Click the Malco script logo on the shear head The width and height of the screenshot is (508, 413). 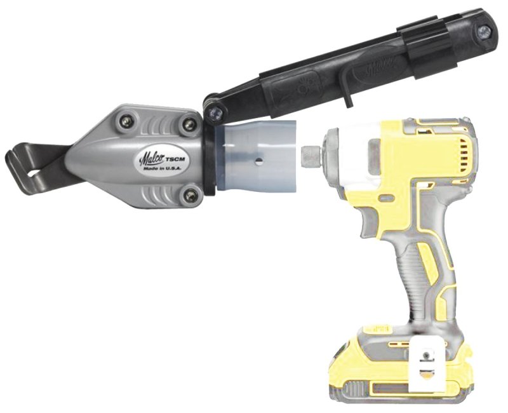(x=151, y=154)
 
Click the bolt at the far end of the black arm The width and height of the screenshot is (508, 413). (x=484, y=29)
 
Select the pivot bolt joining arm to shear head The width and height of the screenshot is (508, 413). (x=215, y=112)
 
